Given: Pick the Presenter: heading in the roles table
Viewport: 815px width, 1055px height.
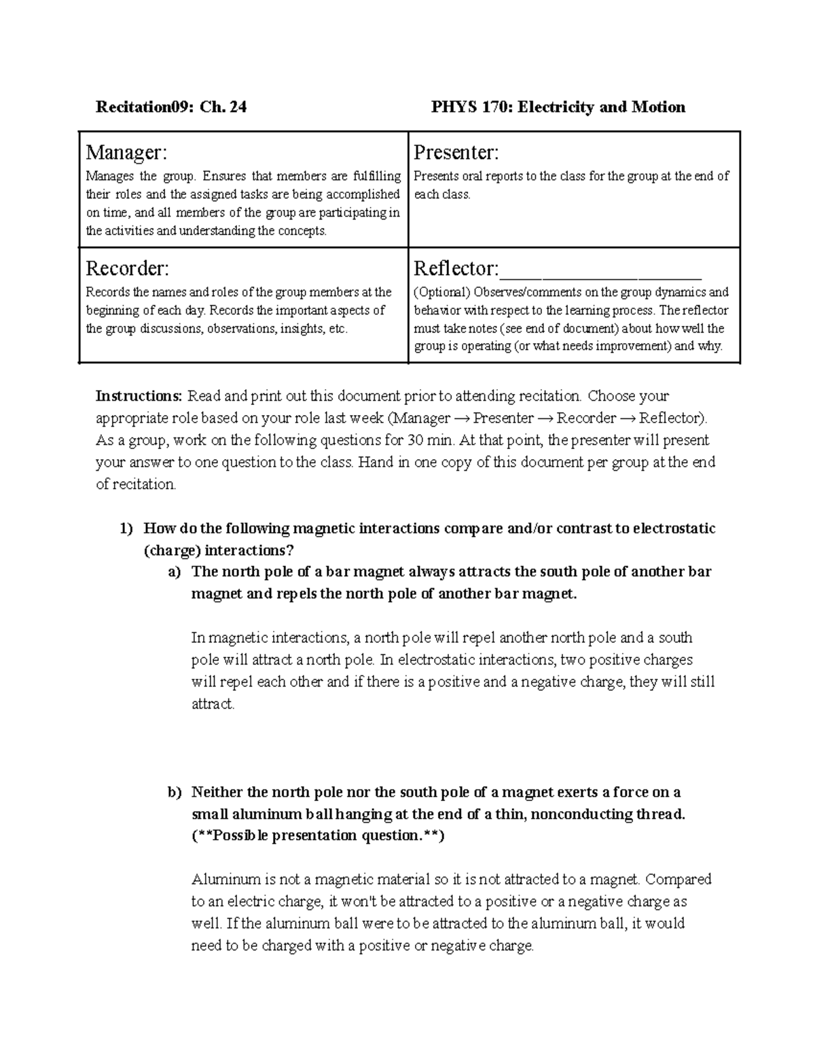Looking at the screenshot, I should (x=456, y=153).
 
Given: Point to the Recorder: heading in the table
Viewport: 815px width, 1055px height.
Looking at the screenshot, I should (x=127, y=269).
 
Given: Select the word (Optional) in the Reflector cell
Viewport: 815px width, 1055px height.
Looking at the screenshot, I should (x=442, y=293).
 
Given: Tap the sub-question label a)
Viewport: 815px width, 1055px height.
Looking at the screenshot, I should (x=175, y=572).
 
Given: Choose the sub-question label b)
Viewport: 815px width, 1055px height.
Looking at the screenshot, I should (x=175, y=792).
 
